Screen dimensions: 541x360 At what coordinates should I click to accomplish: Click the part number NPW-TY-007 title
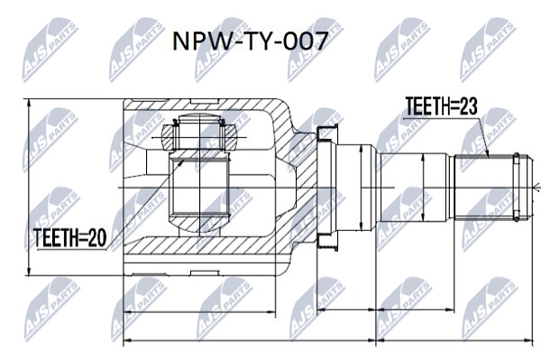[x=250, y=42]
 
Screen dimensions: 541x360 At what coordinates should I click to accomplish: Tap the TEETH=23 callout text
[x=441, y=106]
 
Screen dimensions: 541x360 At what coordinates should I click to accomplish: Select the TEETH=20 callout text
[x=70, y=237]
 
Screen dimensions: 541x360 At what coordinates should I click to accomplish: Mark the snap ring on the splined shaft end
[x=516, y=187]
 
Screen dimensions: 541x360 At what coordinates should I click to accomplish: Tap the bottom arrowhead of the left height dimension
[x=29, y=272]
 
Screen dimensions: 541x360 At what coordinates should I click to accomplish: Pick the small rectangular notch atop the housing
[x=205, y=101]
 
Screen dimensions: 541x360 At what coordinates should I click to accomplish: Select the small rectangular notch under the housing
[x=205, y=273]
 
